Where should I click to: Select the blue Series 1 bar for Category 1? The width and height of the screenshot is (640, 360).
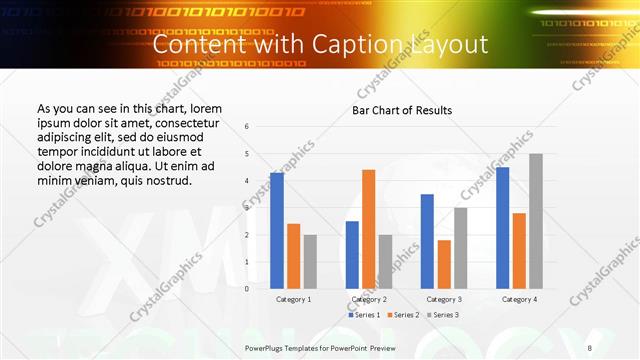tap(276, 230)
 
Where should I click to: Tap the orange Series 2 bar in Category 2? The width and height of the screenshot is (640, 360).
tap(368, 228)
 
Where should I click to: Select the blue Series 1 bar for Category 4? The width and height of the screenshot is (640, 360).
tap(502, 227)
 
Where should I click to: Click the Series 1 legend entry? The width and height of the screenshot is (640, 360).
tap(363, 315)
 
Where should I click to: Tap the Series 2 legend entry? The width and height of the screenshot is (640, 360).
tap(403, 315)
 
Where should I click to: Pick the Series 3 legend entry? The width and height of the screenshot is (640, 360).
tap(442, 315)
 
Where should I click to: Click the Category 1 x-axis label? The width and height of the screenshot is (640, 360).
tap(293, 299)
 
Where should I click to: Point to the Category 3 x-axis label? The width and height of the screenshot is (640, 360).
tap(444, 299)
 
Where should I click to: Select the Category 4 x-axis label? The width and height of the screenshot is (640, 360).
tap(519, 299)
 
